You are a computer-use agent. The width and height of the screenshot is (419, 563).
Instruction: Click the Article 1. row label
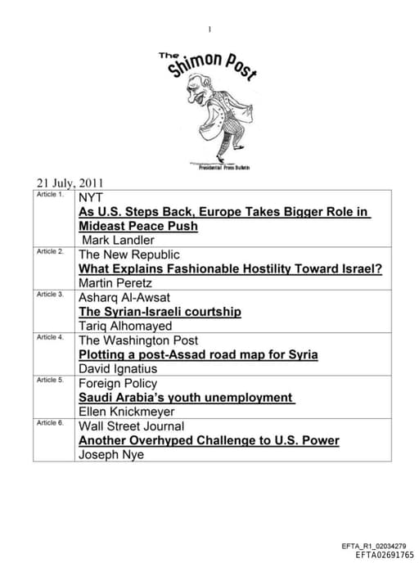click(x=50, y=196)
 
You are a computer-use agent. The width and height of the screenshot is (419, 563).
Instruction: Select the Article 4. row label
click(x=50, y=337)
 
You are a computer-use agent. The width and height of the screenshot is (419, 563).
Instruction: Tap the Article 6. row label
click(x=50, y=423)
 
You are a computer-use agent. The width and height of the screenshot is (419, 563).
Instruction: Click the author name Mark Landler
click(x=117, y=241)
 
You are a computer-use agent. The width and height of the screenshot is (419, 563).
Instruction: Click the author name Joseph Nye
click(x=111, y=455)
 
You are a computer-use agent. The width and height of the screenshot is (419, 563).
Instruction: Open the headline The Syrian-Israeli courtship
click(x=160, y=312)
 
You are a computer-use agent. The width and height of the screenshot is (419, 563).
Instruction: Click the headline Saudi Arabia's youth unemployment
click(x=185, y=398)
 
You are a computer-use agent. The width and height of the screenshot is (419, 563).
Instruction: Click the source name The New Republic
click(x=128, y=254)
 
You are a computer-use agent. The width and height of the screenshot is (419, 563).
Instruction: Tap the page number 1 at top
click(x=209, y=30)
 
